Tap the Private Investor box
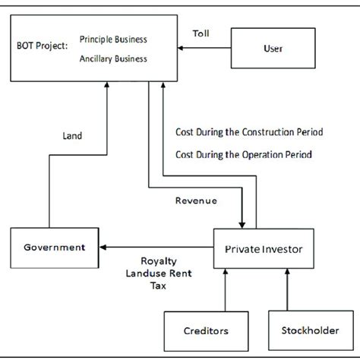click(x=264, y=248)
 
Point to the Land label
click(x=73, y=136)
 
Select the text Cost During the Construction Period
click(x=249, y=131)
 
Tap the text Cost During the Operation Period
click(x=243, y=155)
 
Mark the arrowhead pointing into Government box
click(x=106, y=248)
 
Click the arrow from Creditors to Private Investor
click(x=226, y=289)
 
